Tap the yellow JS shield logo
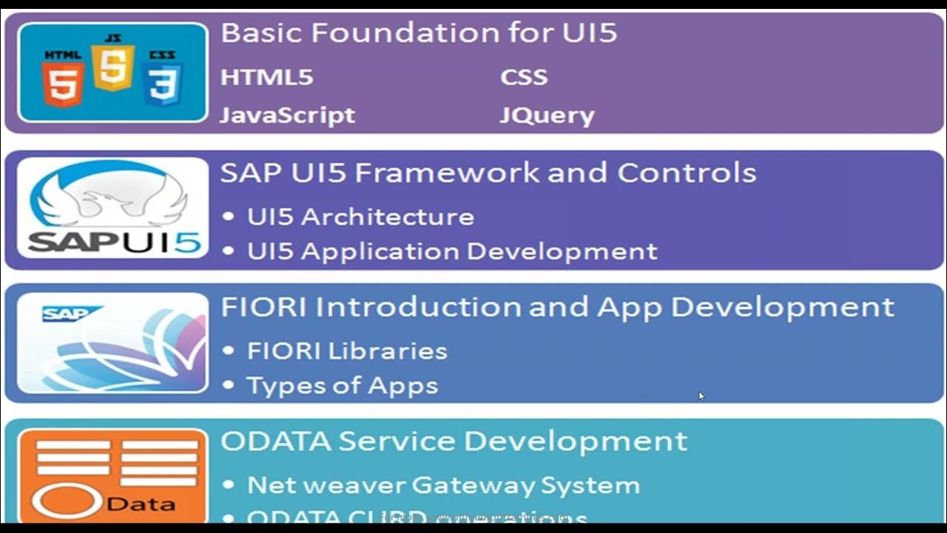pos(112,65)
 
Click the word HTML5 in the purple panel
pos(266,78)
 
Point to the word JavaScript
pos(287,115)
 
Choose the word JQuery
pos(547,115)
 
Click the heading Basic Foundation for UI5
pos(419,33)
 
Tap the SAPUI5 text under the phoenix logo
pos(114,241)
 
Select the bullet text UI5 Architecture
pos(360,217)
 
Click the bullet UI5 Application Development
pos(452,252)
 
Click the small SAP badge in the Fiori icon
pos(62,315)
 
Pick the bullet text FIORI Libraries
pos(347,351)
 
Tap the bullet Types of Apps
pos(342,386)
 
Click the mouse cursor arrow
pos(701,395)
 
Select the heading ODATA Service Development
pos(454,441)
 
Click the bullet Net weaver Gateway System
pos(443,486)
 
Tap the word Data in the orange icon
pos(149,504)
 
